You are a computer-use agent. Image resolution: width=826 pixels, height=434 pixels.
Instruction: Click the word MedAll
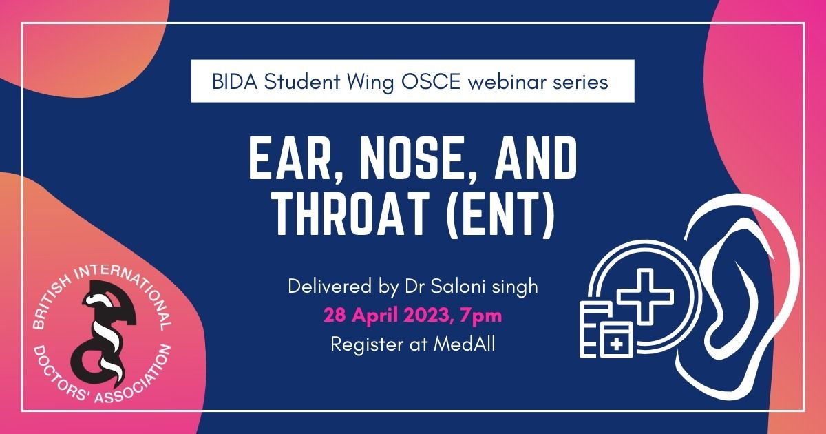point(464,344)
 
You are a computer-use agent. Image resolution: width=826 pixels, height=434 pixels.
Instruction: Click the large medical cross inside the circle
point(645,296)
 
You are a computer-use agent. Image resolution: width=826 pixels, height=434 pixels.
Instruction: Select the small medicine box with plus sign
point(616,340)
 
